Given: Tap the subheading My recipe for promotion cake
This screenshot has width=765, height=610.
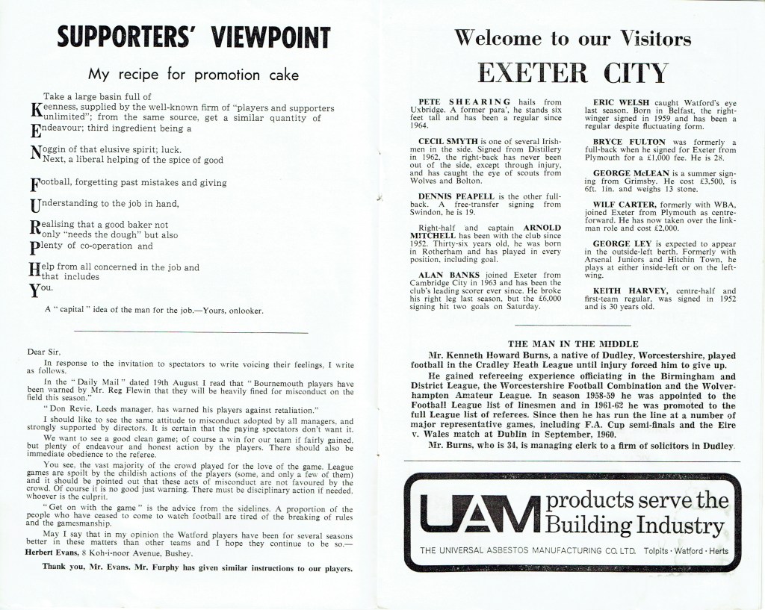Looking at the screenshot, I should pyautogui.click(x=193, y=74).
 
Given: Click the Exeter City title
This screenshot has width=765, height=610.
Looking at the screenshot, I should pyautogui.click(x=572, y=72).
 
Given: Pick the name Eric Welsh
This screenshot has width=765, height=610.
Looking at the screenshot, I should pyautogui.click(x=619, y=101).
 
